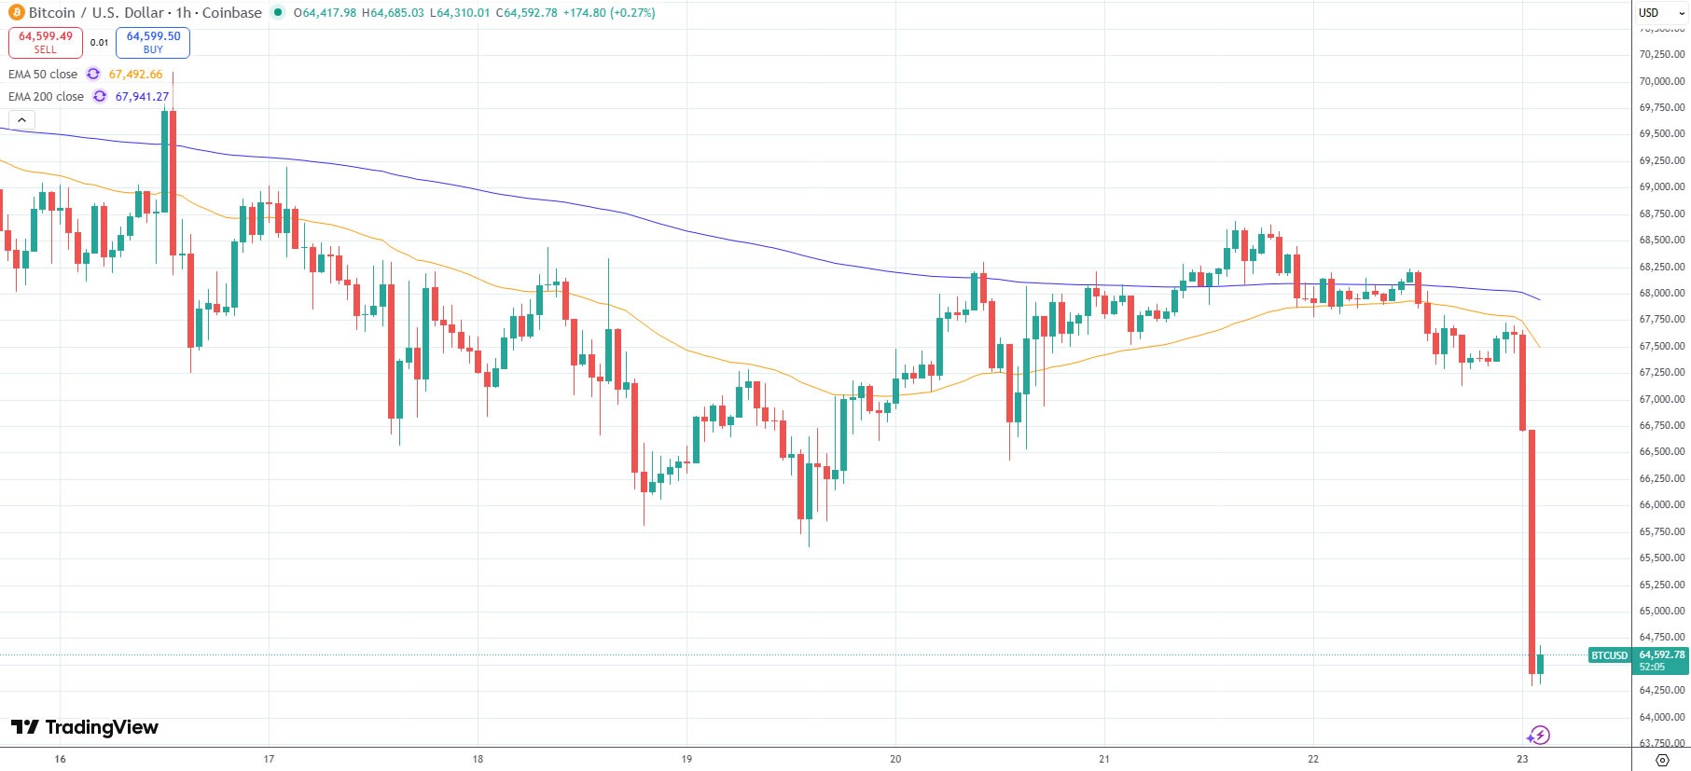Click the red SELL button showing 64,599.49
pos(46,42)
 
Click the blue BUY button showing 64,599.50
pos(153,42)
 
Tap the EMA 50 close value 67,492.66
pos(135,75)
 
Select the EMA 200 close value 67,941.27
pos(142,97)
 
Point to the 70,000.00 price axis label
pos(1661,81)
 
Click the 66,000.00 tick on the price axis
pos(1661,504)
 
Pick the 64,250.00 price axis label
pos(1661,690)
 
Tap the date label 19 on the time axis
pos(686,759)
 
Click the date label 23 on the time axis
pos(1522,759)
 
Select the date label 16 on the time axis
pos(60,759)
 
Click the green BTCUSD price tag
pos(1609,655)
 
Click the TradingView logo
pos(85,727)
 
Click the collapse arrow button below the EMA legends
pos(21,119)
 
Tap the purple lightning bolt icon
pos(1539,736)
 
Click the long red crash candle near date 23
pos(1532,550)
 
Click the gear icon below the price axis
pos(1661,760)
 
